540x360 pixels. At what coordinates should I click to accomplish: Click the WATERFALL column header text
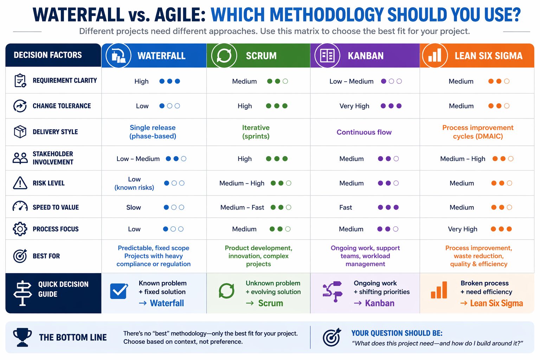point(161,56)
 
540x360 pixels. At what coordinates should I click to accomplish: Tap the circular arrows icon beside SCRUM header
point(224,56)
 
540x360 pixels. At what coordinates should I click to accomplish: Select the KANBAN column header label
point(366,56)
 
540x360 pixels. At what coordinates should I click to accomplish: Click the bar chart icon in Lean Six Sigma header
point(435,56)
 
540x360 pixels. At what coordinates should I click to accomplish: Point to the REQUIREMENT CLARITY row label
point(65,81)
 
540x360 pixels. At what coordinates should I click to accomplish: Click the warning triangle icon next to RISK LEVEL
point(20,183)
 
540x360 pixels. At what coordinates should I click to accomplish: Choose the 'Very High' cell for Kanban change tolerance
point(354,106)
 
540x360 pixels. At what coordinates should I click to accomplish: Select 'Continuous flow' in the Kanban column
point(364,132)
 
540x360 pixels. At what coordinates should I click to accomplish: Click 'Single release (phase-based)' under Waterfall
point(153,132)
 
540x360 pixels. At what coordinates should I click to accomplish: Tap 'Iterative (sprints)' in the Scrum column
point(256,132)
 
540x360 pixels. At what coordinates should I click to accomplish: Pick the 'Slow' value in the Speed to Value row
point(134,207)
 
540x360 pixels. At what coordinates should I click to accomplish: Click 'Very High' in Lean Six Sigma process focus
point(463,229)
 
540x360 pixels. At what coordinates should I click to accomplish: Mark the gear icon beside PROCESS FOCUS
point(20,229)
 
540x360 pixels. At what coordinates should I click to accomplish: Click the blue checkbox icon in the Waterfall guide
point(119,291)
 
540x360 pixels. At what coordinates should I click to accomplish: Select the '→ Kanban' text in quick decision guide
point(374,303)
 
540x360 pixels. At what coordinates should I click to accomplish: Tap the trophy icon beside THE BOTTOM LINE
point(22,337)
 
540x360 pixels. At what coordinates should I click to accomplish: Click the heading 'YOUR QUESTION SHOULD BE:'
point(397,333)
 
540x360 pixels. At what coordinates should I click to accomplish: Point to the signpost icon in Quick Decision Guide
point(22,293)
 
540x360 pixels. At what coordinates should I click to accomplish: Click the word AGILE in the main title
point(180,15)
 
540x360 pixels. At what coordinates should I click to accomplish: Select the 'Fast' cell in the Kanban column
point(346,207)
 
